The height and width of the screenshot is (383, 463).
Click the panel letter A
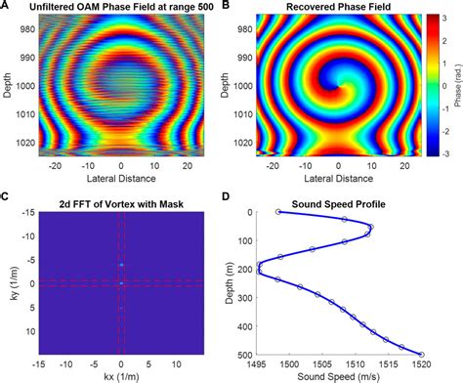pos(5,6)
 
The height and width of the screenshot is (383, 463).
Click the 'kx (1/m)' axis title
pos(120,376)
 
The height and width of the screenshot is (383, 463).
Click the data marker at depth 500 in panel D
pos(421,355)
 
